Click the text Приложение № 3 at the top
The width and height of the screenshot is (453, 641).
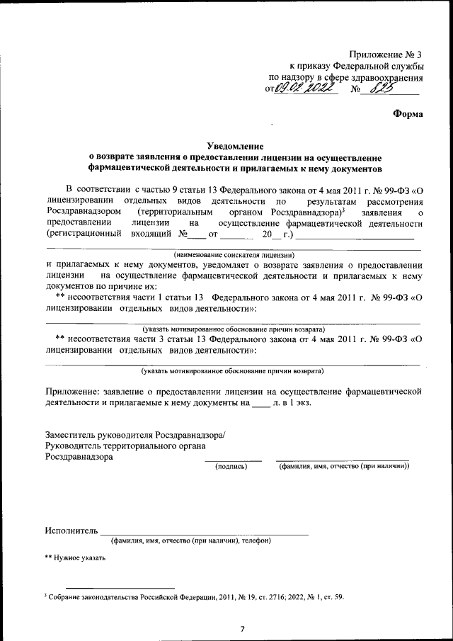[x=385, y=55]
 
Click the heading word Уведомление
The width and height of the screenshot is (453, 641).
[x=234, y=144]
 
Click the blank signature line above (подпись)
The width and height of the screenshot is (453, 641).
[x=233, y=460]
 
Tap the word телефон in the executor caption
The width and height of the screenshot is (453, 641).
[x=254, y=541]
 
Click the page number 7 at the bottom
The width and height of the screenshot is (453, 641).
[x=241, y=628]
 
